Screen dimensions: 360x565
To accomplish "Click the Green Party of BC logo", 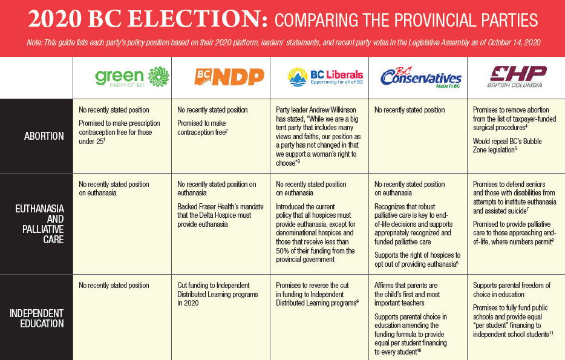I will (132, 77).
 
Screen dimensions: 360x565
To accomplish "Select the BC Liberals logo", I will (325, 77).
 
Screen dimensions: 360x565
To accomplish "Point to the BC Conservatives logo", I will (420, 78).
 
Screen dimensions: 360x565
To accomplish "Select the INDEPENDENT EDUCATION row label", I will (36, 318).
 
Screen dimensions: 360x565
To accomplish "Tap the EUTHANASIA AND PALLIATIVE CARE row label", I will (40, 224).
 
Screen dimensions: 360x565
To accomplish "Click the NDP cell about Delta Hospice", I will (220, 215).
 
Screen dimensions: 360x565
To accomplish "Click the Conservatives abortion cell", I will (410, 110).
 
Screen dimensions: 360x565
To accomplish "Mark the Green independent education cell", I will (114, 286).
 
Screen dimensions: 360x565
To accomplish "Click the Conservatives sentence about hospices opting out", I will (417, 260).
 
